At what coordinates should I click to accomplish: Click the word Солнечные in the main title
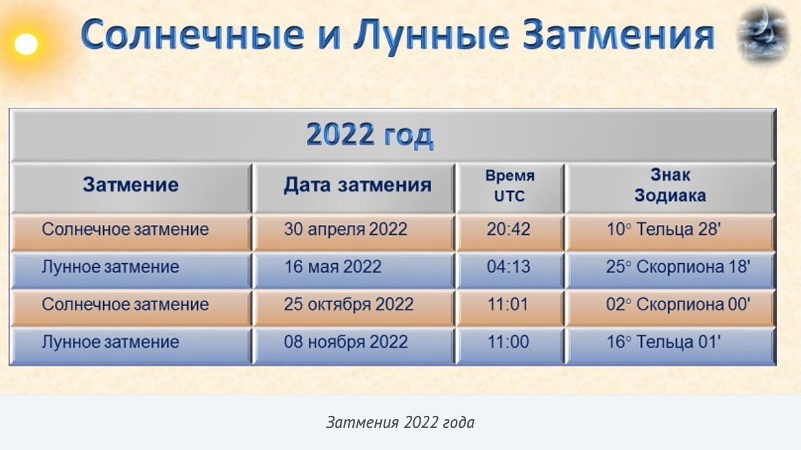pyautogui.click(x=192, y=35)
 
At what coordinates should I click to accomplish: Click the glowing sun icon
pyautogui.click(x=26, y=44)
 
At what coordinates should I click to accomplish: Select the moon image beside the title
pyautogui.click(x=763, y=33)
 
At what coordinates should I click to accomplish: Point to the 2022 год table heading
pyautogui.click(x=369, y=135)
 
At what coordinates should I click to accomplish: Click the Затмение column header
pyautogui.click(x=131, y=185)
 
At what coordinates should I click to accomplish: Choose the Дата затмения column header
pyautogui.click(x=358, y=185)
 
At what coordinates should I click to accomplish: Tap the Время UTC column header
pyautogui.click(x=509, y=185)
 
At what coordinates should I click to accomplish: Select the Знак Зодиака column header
pyautogui.click(x=670, y=185)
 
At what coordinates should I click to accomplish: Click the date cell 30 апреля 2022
pyautogui.click(x=346, y=229)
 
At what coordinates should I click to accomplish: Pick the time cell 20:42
pyautogui.click(x=508, y=229)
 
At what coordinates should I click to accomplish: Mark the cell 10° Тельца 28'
pyautogui.click(x=663, y=229)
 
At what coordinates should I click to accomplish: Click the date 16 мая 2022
pyautogui.click(x=332, y=267)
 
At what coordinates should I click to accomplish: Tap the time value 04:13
pyautogui.click(x=508, y=267)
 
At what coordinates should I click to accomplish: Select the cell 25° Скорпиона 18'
pyautogui.click(x=679, y=267)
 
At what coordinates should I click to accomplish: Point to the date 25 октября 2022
pyautogui.click(x=349, y=304)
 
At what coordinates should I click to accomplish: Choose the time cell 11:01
pyautogui.click(x=507, y=304)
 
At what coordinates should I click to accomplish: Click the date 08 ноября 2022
pyautogui.click(x=346, y=342)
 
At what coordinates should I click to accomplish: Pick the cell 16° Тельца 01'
pyautogui.click(x=663, y=342)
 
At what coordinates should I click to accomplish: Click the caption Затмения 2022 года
pyautogui.click(x=400, y=423)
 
